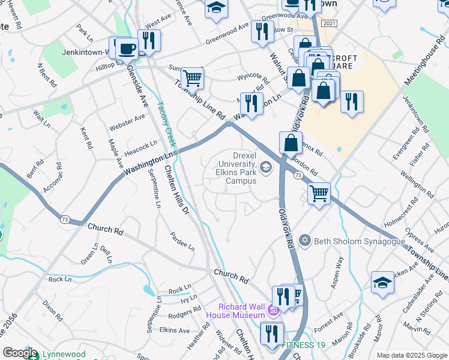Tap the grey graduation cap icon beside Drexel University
(266, 167)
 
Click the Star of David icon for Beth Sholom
(305, 241)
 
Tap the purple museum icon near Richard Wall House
(274, 311)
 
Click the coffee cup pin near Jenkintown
(127, 49)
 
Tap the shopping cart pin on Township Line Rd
(192, 77)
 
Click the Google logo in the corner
(20, 353)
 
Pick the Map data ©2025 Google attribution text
(411, 355)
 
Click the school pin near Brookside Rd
(382, 282)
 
